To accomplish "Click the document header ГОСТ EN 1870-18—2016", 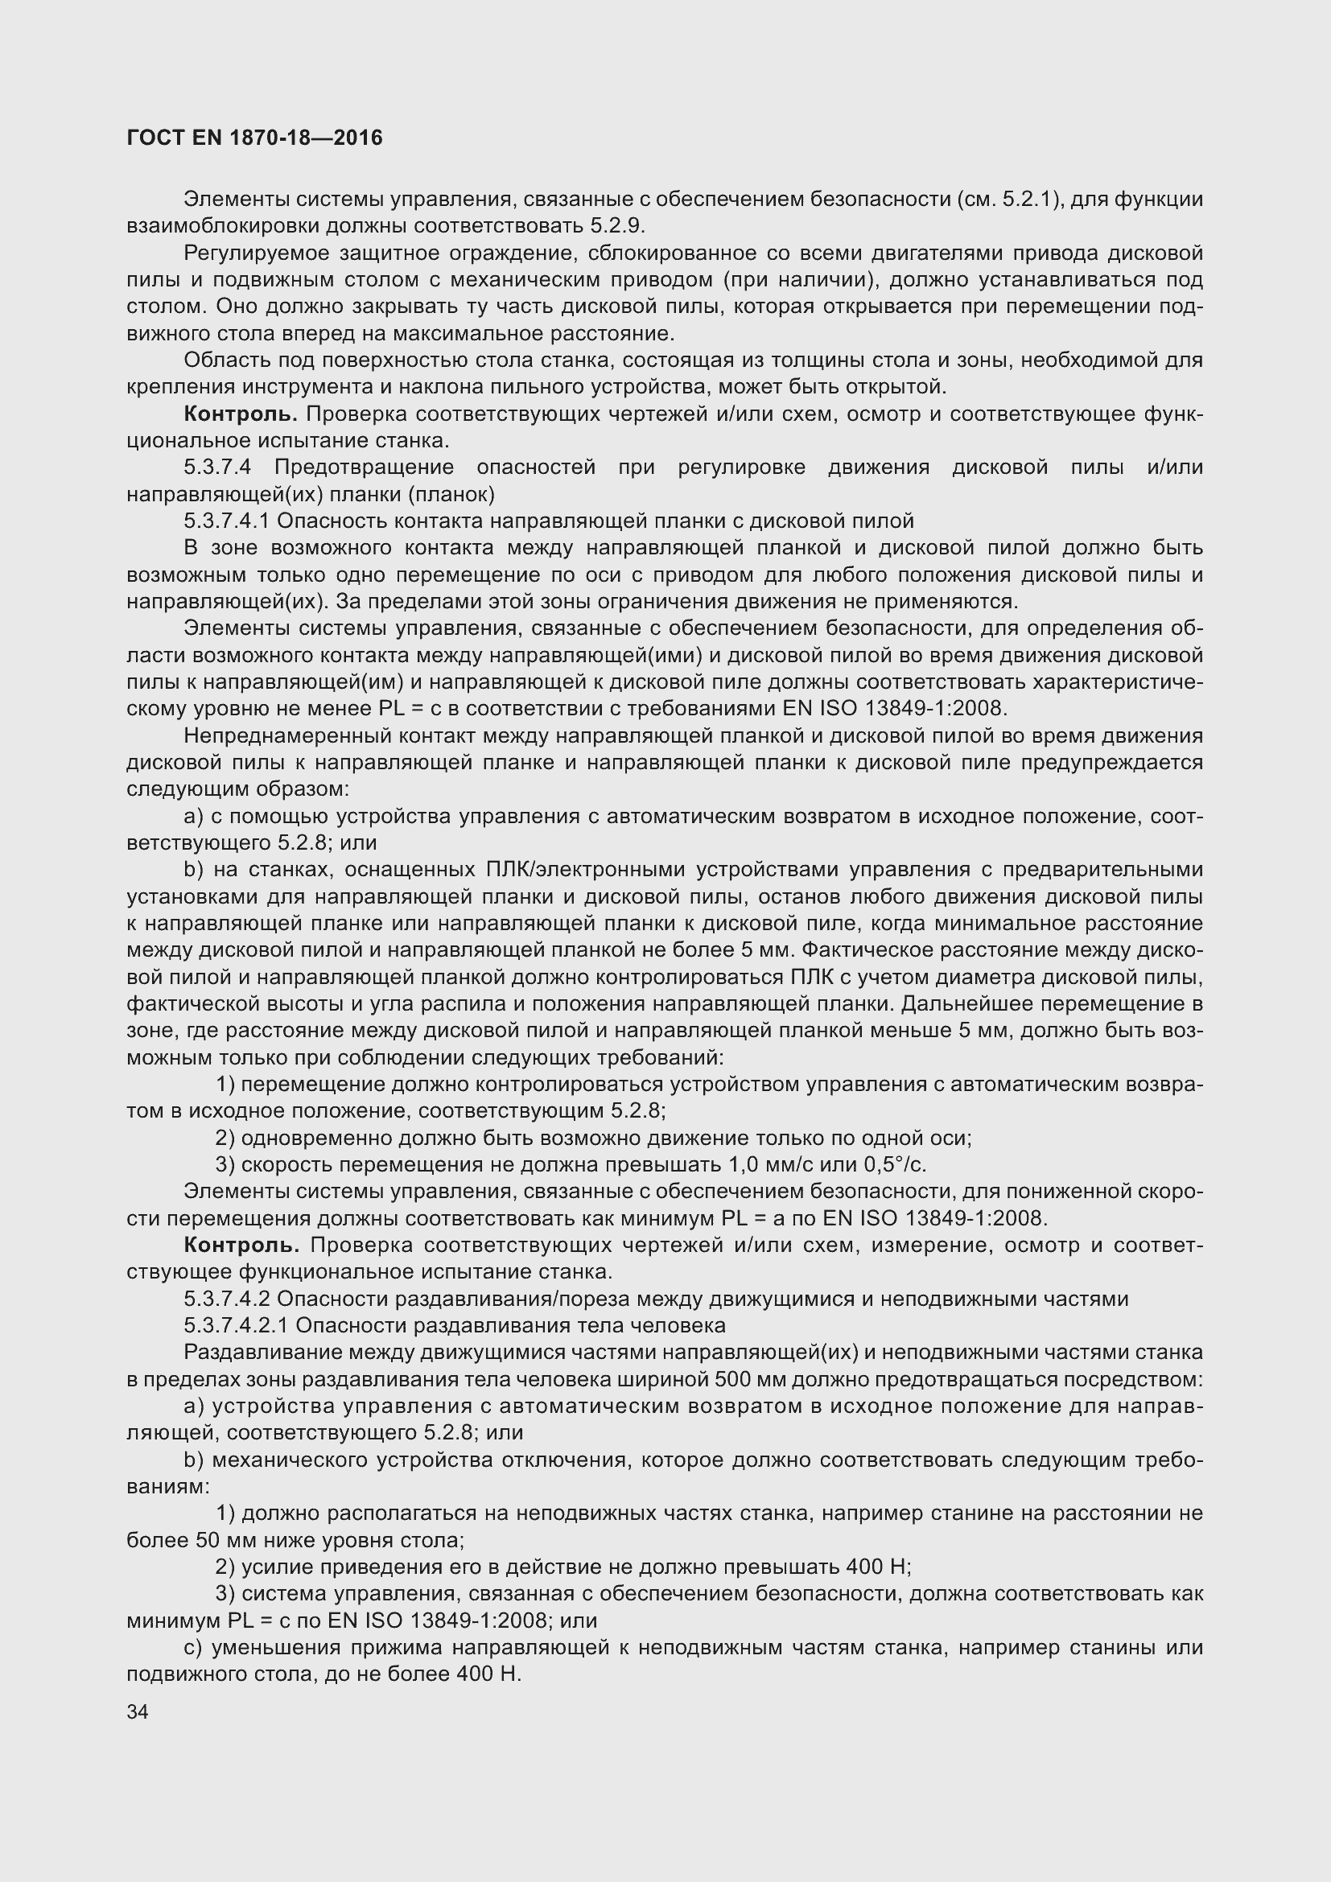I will [x=255, y=138].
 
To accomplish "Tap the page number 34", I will [x=138, y=1711].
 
